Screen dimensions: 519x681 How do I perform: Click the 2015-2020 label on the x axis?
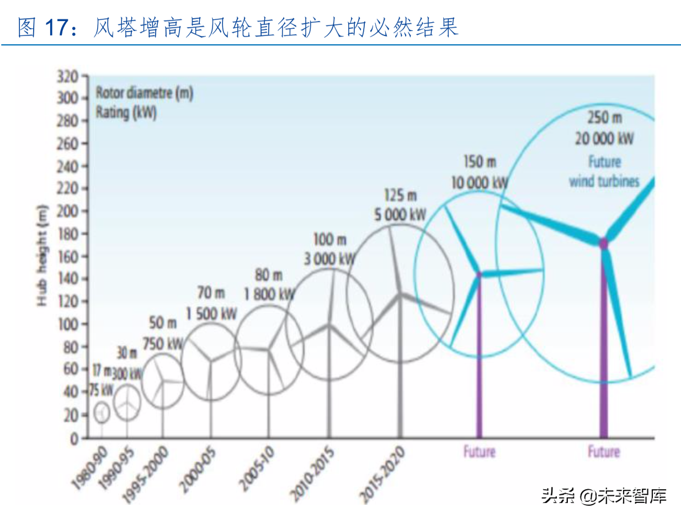[382, 475]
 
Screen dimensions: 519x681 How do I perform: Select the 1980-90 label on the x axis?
[89, 469]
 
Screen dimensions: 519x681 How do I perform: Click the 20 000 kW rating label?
[604, 139]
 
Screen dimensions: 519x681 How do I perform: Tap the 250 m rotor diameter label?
[604, 118]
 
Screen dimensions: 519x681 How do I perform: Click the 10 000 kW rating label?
[479, 183]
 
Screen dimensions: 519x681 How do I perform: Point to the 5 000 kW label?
[401, 215]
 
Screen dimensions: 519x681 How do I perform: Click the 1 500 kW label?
[211, 314]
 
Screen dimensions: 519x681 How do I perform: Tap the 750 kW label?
[163, 343]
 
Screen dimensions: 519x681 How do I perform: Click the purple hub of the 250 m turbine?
[603, 242]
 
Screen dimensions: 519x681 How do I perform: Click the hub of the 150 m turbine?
[478, 273]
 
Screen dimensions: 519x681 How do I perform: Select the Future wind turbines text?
[604, 172]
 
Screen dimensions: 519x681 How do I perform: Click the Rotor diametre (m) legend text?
[144, 93]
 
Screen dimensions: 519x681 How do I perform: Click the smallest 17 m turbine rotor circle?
[102, 412]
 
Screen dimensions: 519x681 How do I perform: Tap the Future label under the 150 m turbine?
[478, 452]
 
